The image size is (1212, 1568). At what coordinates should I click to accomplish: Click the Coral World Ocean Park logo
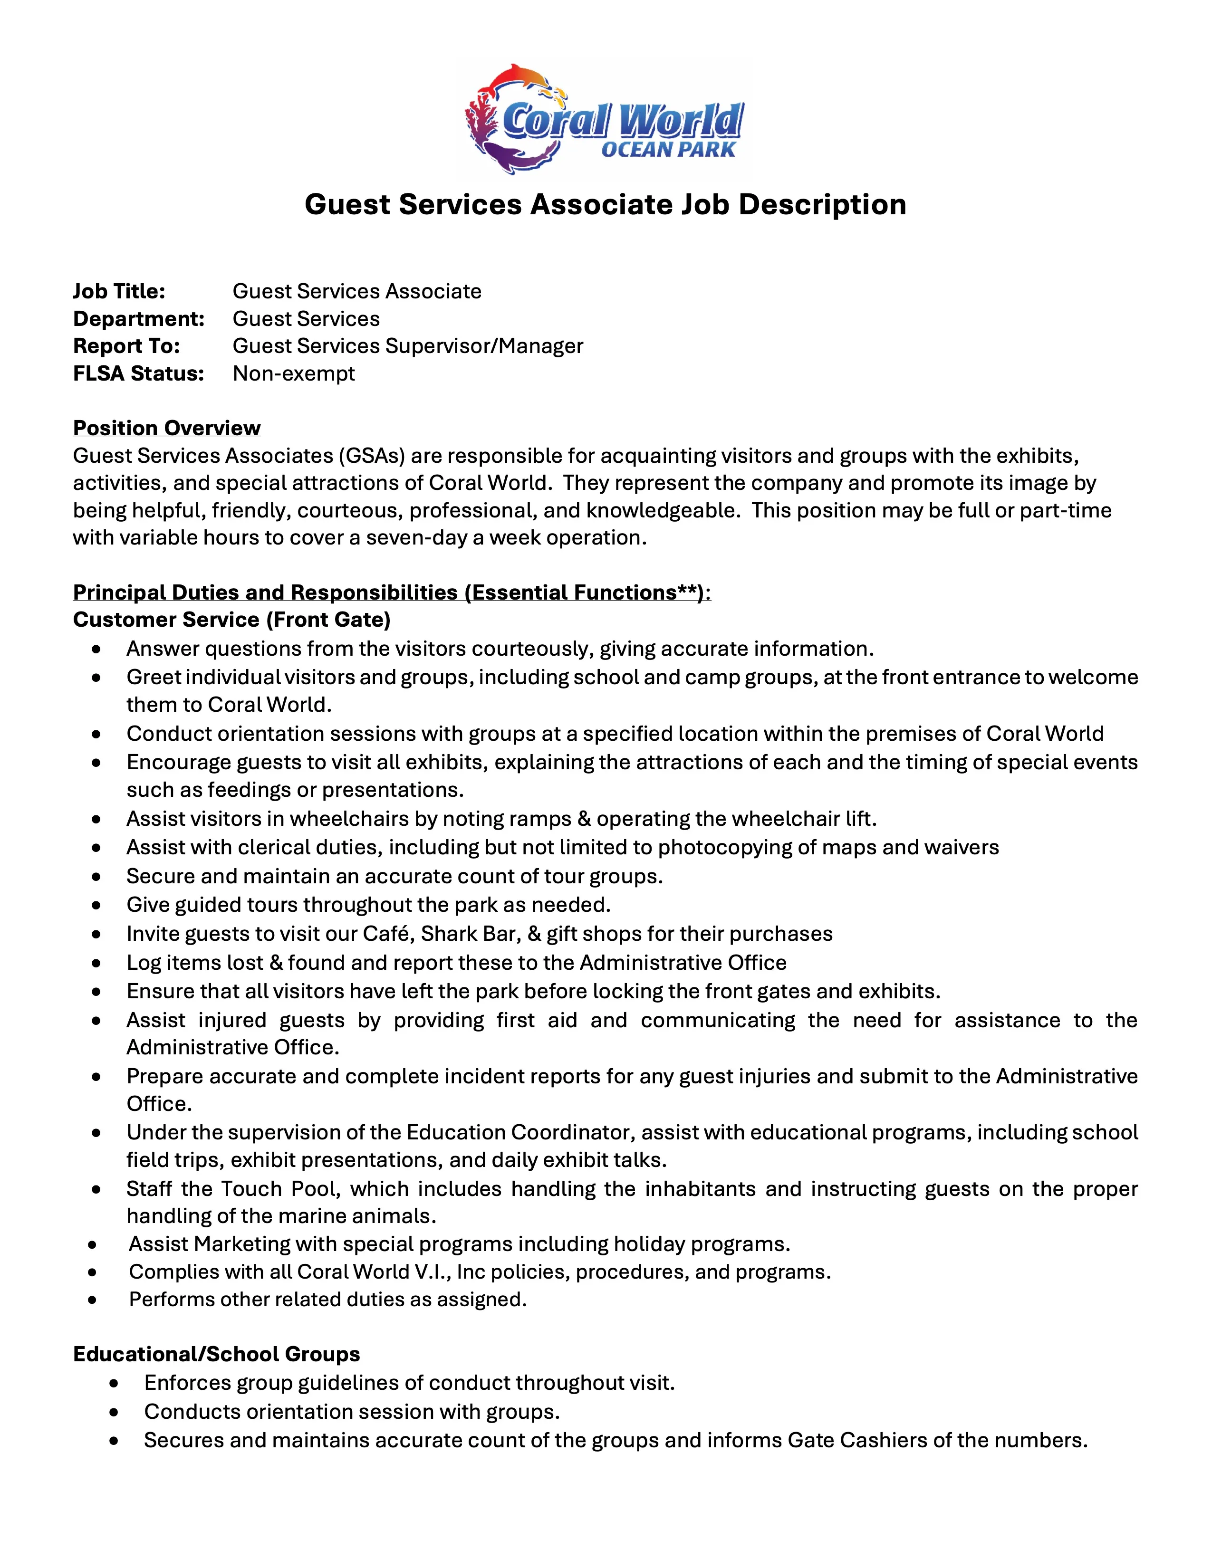(x=605, y=119)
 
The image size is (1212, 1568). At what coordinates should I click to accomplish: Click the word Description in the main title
(x=822, y=205)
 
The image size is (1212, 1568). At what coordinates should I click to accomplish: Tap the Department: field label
(x=139, y=319)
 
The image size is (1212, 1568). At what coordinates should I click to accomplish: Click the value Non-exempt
(x=294, y=373)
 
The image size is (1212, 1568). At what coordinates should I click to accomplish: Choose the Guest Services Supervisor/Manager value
(x=408, y=346)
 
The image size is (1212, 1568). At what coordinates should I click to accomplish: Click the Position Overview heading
(x=166, y=428)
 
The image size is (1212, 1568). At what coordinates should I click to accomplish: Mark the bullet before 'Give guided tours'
(x=96, y=905)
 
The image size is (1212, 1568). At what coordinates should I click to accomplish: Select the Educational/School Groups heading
(x=216, y=1354)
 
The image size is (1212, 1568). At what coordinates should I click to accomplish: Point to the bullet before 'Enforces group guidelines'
(x=114, y=1384)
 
